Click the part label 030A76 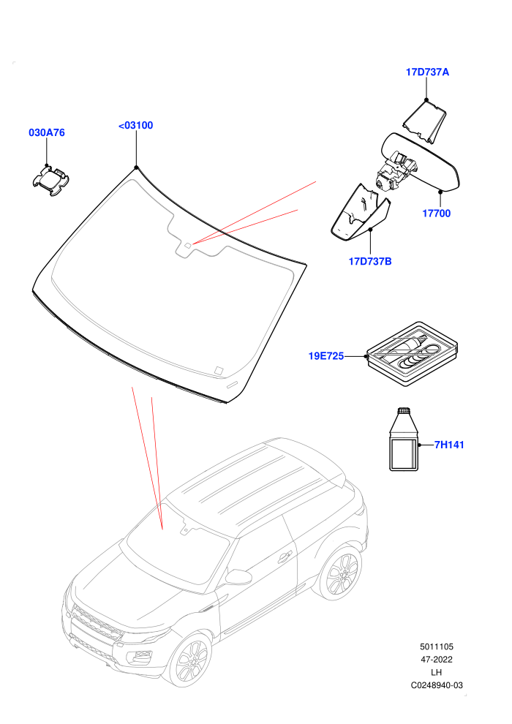tap(47, 132)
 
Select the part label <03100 tap(136, 125)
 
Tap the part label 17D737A tap(427, 72)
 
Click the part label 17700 tap(436, 214)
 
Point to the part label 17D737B tap(370, 261)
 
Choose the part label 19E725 tap(326, 356)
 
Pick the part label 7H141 tap(449, 445)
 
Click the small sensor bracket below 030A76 tap(50, 181)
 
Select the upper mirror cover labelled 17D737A tap(425, 122)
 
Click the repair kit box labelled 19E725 tap(411, 352)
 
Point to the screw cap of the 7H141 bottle tap(404, 411)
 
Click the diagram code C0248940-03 tap(436, 685)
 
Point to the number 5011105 tap(436, 646)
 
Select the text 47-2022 tap(436, 660)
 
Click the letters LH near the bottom tap(436, 672)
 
